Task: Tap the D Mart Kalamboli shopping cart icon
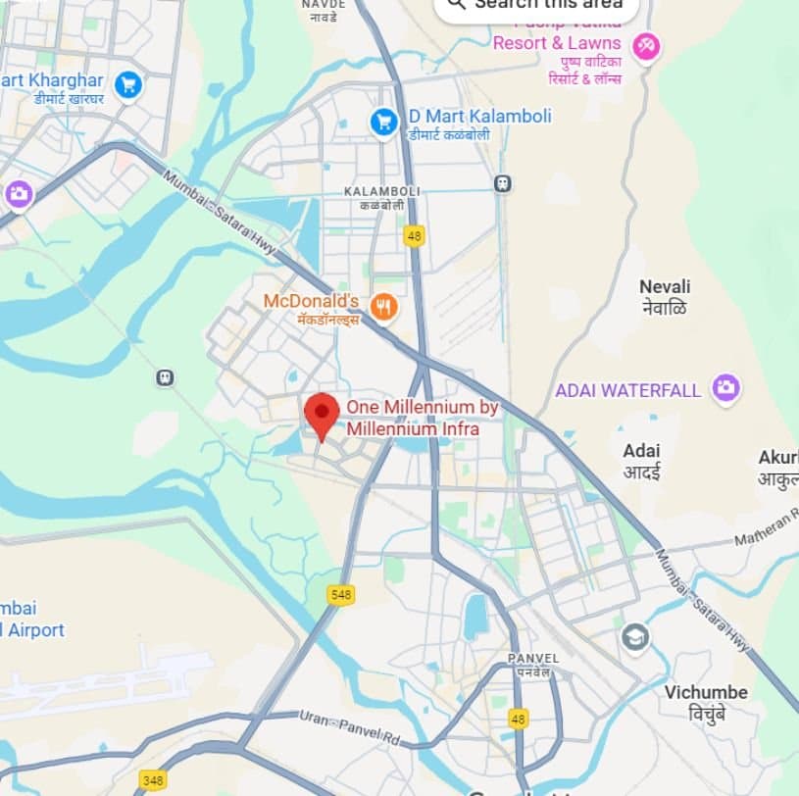382,123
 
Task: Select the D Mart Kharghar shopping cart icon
127,85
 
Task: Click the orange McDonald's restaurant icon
383,308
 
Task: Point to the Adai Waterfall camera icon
725,388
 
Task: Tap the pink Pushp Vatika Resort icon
645,45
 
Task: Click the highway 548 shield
340,595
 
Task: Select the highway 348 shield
152,780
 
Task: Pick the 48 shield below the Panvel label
519,719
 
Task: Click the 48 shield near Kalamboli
415,236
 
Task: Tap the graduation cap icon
635,638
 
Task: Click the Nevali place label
665,286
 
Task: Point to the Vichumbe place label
706,692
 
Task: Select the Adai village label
642,451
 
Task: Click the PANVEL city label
533,658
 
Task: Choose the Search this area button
536,5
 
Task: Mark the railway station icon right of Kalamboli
503,183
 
